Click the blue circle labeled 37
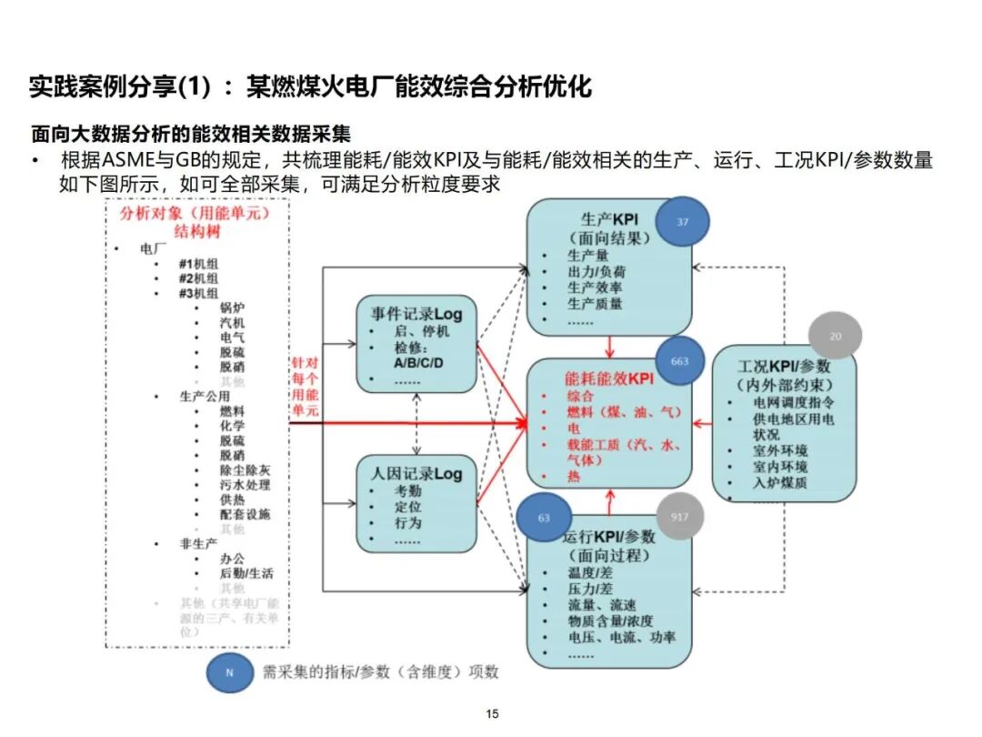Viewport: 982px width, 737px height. [x=682, y=222]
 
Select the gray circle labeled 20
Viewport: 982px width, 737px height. [x=835, y=337]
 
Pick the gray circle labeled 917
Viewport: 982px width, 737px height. [x=679, y=518]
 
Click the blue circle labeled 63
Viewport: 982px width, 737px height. [x=544, y=518]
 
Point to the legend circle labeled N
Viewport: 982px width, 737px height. [x=229, y=672]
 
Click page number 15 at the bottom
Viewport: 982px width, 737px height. [x=492, y=714]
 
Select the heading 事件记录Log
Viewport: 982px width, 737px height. [x=416, y=315]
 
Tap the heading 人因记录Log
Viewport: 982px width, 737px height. [x=416, y=473]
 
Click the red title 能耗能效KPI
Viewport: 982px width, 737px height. [x=609, y=378]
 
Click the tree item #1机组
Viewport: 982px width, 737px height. [x=198, y=264]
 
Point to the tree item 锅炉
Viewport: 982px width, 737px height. [x=232, y=308]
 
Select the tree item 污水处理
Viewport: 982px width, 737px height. [x=245, y=485]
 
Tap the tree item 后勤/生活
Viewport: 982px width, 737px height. [x=245, y=573]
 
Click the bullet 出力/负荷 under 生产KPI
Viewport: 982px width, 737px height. [x=596, y=271]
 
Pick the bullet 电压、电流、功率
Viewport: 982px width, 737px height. [x=621, y=637]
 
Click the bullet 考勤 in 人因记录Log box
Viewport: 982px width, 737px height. [x=407, y=491]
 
